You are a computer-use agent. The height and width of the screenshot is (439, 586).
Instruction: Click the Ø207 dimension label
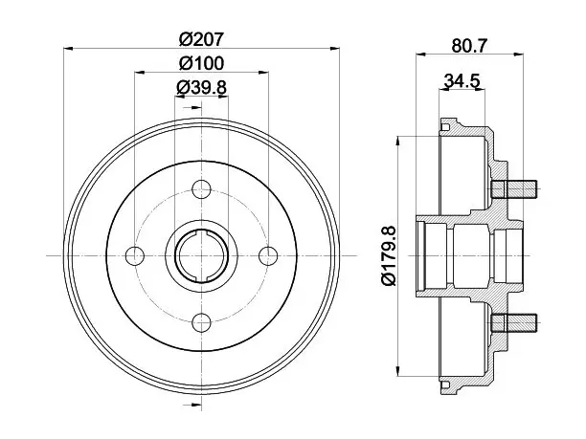(x=201, y=39)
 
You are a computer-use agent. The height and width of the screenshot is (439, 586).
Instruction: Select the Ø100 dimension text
(x=201, y=63)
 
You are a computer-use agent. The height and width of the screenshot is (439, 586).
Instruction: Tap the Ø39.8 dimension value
(x=201, y=88)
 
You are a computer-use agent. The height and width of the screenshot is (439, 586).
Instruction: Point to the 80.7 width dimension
(x=470, y=46)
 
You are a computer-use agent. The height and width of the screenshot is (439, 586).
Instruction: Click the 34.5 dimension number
(x=462, y=81)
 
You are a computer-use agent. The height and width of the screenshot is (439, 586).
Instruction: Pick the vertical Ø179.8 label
(x=389, y=255)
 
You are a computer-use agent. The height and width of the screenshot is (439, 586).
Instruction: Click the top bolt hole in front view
(x=201, y=189)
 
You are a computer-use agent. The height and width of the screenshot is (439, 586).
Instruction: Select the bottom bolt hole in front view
(x=201, y=323)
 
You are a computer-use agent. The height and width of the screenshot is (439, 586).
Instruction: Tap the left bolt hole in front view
(x=135, y=255)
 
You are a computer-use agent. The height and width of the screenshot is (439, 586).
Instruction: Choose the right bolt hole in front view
(x=268, y=255)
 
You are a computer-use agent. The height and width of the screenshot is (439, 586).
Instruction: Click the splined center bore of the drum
(x=201, y=255)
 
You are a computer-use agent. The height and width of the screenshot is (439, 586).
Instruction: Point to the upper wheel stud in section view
(x=514, y=189)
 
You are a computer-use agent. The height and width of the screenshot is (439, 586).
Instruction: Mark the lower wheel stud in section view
(x=514, y=323)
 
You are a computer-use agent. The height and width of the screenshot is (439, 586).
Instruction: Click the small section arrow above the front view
(x=192, y=108)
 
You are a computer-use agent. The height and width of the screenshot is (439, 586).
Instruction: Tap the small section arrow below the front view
(x=192, y=405)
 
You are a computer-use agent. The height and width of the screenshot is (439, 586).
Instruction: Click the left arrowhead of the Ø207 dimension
(x=68, y=48)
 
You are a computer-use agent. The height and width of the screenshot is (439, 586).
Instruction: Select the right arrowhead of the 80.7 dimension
(x=519, y=55)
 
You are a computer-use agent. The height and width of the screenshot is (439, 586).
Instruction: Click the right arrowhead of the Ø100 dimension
(x=264, y=73)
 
